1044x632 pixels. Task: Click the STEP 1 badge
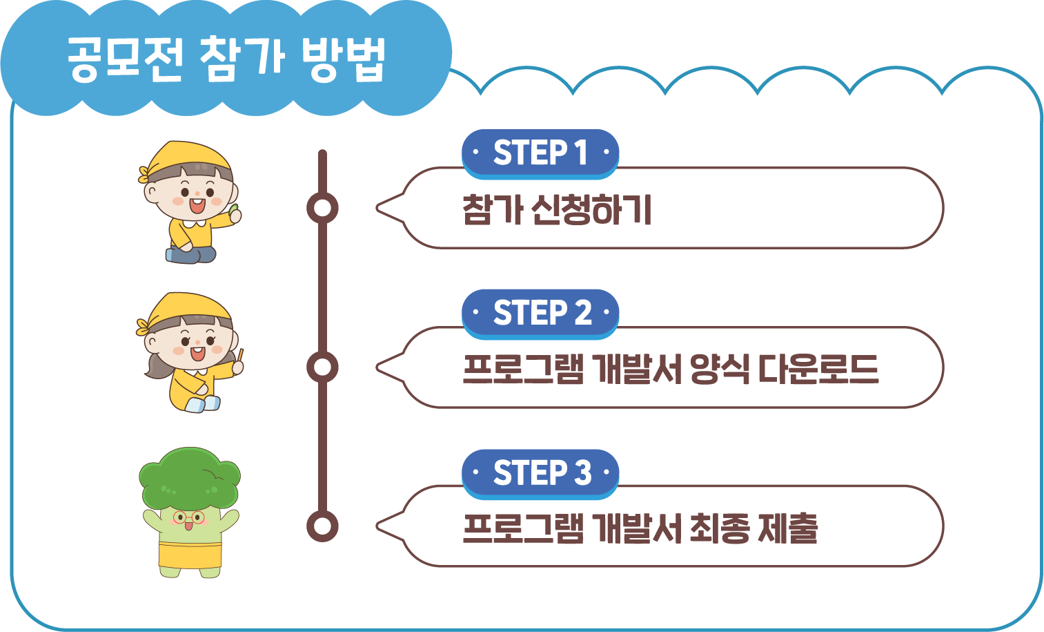540,153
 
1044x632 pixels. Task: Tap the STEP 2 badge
540,313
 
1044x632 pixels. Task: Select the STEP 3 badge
540,473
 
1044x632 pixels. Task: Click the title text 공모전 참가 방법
226,59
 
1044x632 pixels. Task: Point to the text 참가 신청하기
557,209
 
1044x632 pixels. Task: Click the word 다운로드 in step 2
818,369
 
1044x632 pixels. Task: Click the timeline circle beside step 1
322,208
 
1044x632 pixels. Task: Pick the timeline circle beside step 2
322,367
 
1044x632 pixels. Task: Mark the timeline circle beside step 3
322,526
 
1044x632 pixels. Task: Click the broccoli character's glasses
188,517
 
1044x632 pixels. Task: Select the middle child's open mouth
197,353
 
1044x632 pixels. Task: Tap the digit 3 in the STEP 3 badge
583,473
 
